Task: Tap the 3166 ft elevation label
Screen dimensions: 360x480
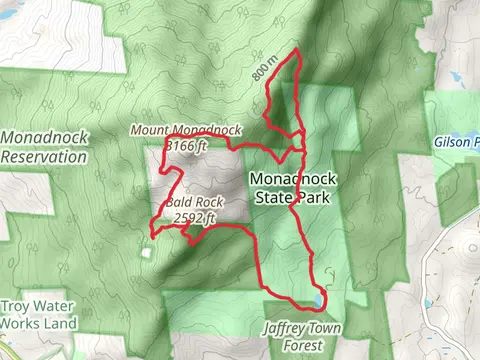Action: click(x=186, y=145)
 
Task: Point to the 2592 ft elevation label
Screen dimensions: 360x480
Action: click(x=195, y=217)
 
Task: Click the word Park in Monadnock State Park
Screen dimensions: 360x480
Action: click(x=314, y=199)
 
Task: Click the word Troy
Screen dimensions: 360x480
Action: click(x=18, y=309)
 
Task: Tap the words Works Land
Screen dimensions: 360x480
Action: click(x=38, y=324)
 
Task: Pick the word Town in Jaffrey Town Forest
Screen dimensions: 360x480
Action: click(x=334, y=328)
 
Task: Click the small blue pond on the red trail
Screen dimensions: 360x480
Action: click(x=318, y=300)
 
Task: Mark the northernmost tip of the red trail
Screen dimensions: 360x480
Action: click(x=298, y=50)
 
